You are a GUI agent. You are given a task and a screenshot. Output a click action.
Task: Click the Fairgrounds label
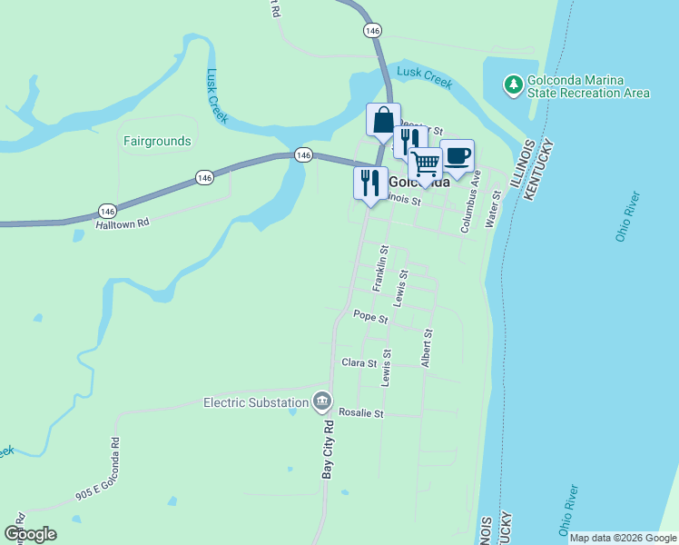pyautogui.click(x=157, y=141)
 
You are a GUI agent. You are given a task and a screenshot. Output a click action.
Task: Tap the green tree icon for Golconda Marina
pyautogui.click(x=514, y=85)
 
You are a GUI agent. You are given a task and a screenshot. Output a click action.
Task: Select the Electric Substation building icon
pyautogui.click(x=322, y=401)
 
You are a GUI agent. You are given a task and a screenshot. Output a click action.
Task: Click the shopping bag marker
pyautogui.click(x=383, y=121)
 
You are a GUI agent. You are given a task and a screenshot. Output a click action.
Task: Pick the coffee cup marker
pyautogui.click(x=457, y=155)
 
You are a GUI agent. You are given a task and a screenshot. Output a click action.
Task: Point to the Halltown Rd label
pyautogui.click(x=122, y=222)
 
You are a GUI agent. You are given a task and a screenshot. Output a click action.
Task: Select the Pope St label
pyautogui.click(x=370, y=319)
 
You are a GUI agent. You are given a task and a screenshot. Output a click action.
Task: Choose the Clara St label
pyautogui.click(x=359, y=362)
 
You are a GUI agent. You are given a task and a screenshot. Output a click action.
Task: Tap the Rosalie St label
pyautogui.click(x=361, y=412)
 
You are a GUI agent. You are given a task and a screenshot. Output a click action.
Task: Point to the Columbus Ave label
pyautogui.click(x=470, y=203)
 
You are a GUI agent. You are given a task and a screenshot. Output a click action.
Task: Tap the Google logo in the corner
pyautogui.click(x=29, y=534)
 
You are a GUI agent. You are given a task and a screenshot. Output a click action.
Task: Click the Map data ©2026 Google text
pyautogui.click(x=623, y=538)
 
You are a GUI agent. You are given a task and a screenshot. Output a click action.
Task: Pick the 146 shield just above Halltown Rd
pyautogui.click(x=108, y=210)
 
